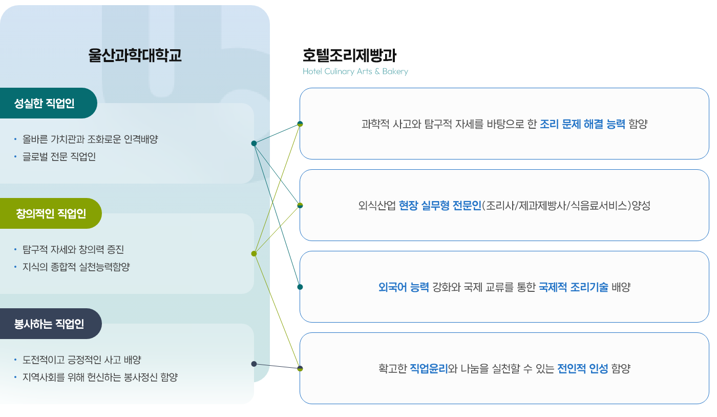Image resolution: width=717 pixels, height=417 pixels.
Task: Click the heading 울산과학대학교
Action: [x=135, y=55]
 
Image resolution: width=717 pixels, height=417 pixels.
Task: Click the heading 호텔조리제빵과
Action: [x=349, y=55]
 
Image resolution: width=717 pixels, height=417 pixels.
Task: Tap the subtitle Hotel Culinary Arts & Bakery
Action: [x=355, y=71]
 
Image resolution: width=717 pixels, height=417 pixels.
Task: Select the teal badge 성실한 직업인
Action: [x=48, y=103]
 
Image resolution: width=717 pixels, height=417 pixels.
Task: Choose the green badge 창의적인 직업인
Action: [x=51, y=213]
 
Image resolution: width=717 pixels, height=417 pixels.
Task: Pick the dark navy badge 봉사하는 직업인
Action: [x=51, y=324]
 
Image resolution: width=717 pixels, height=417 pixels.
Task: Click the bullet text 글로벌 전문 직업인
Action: [x=59, y=157]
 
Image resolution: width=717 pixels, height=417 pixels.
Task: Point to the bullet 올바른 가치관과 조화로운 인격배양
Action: [x=90, y=140]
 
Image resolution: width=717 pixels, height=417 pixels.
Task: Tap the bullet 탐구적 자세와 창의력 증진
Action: [x=73, y=250]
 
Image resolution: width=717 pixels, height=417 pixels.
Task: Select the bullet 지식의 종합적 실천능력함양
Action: [x=76, y=267]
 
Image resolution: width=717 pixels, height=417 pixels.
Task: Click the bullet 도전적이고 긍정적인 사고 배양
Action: [x=81, y=360]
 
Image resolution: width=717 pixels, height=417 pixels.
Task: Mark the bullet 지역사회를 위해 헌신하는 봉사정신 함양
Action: [x=100, y=378]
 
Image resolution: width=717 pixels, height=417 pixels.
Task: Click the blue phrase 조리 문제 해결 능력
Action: [x=582, y=124]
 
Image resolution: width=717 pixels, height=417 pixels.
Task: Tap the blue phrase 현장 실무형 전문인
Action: [x=440, y=206]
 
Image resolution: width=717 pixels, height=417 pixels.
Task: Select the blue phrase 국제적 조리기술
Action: [x=573, y=287]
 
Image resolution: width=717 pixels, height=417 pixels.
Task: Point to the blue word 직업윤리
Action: [x=429, y=369]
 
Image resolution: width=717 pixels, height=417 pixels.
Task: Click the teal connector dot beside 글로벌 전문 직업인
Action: [x=254, y=143]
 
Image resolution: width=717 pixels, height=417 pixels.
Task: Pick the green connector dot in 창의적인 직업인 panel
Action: [x=254, y=254]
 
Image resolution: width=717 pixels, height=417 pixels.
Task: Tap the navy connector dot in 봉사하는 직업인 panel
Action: [x=254, y=364]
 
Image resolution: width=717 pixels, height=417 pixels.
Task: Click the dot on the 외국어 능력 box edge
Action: [x=300, y=287]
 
